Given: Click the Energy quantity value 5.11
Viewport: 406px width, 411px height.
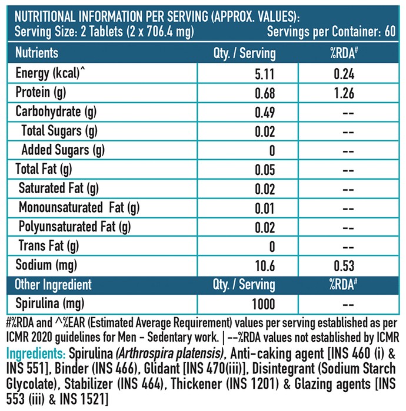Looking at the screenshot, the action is tap(265, 74).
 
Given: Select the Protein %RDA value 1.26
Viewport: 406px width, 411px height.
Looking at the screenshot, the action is tap(344, 93).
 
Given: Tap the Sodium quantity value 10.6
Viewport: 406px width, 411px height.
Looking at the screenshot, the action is tap(265, 266).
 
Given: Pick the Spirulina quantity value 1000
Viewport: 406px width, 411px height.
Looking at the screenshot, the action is tap(264, 304).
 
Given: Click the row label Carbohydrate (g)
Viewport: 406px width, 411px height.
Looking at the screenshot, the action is tap(56, 112).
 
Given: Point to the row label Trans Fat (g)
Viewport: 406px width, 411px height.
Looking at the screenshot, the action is tap(49, 246).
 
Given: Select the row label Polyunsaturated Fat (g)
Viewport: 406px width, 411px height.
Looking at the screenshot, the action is tap(75, 227).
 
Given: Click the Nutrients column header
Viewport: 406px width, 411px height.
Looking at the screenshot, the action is tap(36, 53).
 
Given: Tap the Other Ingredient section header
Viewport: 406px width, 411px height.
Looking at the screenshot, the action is tap(53, 285).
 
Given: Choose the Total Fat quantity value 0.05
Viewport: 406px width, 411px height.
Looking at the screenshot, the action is tap(265, 170).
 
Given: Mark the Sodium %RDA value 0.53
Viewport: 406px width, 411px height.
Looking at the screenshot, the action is tap(344, 266).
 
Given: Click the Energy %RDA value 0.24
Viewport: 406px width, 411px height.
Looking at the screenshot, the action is tap(344, 74).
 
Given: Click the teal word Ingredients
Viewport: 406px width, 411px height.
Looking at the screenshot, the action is tap(36, 354).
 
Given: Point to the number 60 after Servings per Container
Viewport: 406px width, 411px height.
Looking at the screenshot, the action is tap(390, 32).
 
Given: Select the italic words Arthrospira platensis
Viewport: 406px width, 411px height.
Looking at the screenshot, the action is tap(169, 354).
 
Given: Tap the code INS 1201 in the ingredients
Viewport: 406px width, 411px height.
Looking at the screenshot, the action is tap(252, 384).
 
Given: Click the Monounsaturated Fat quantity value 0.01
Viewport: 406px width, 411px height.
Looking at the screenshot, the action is tap(265, 208).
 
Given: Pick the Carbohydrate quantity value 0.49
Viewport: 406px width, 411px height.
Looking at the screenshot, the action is tap(265, 112).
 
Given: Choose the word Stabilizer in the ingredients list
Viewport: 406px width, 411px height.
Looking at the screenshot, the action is tap(88, 384).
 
